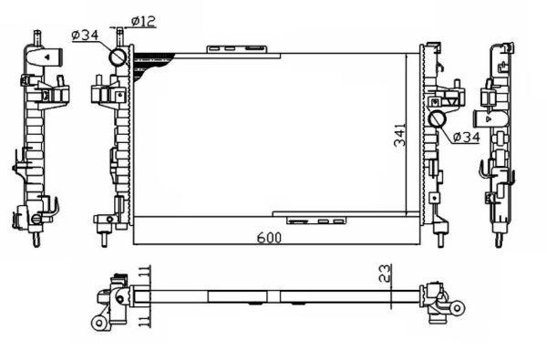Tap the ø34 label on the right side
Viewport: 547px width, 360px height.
pyautogui.click(x=466, y=138)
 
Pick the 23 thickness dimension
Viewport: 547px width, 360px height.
pyautogui.click(x=387, y=271)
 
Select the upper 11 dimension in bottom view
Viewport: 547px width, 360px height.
pyautogui.click(x=146, y=271)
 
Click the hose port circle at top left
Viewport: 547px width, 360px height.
pyautogui.click(x=119, y=57)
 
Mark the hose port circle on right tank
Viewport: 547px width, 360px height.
pyautogui.click(x=438, y=119)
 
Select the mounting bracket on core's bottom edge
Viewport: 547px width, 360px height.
pyautogui.click(x=315, y=220)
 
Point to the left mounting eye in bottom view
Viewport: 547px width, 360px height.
pyautogui.click(x=98, y=323)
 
